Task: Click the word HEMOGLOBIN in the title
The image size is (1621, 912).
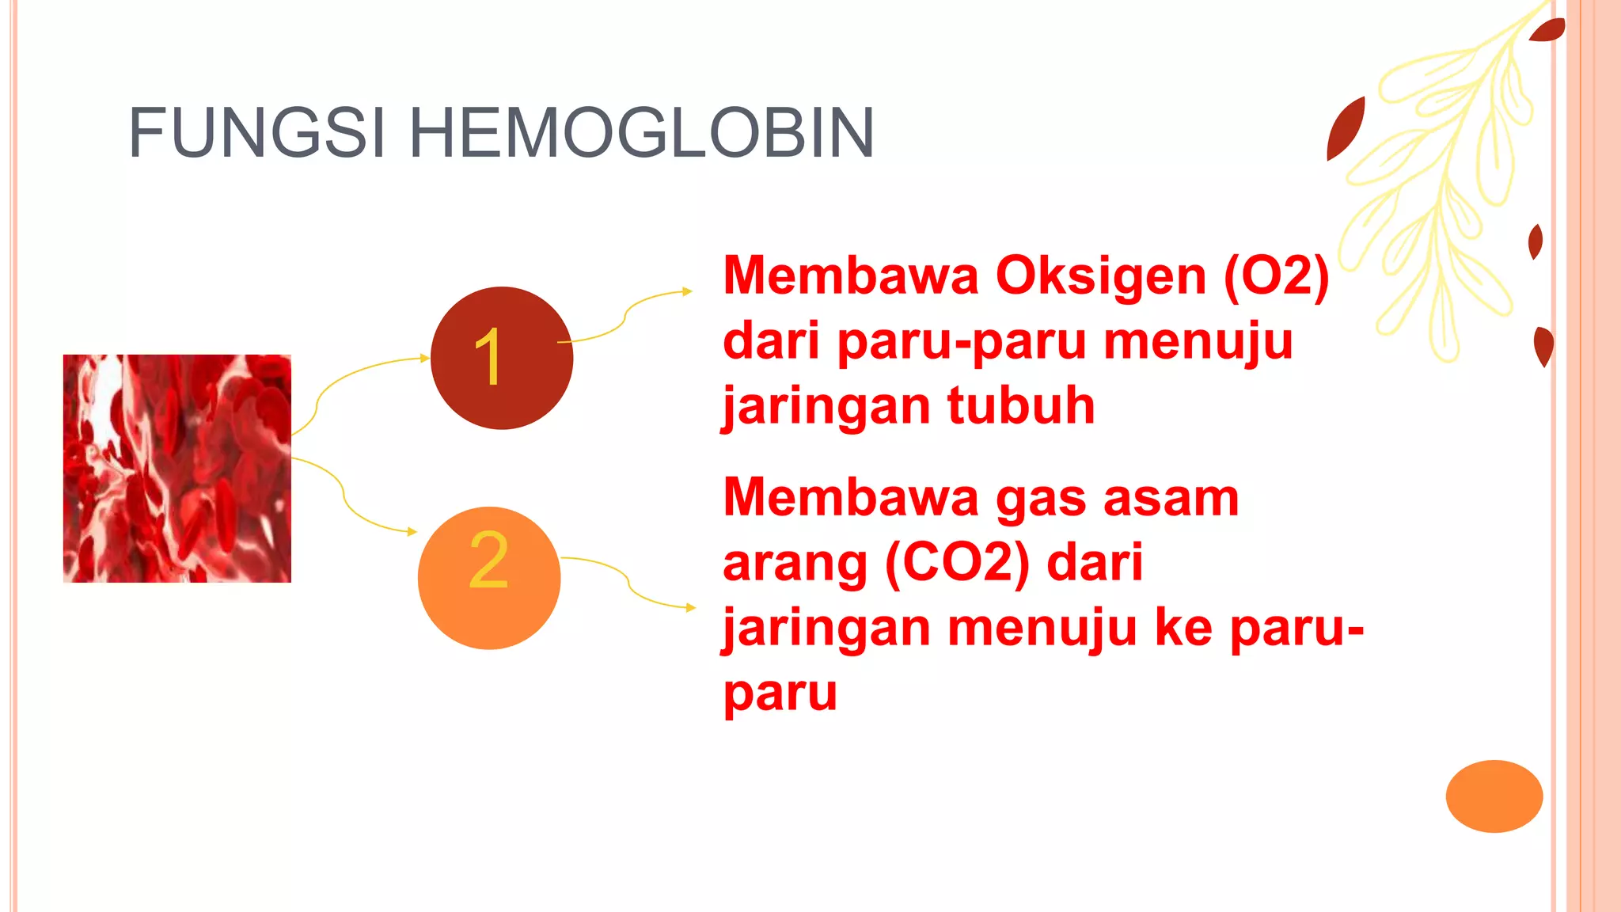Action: point(641,133)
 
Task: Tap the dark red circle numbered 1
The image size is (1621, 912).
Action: point(501,358)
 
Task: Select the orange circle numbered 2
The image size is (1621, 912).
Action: point(489,578)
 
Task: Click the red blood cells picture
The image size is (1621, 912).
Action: point(177,469)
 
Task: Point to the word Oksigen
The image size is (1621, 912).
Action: point(1101,276)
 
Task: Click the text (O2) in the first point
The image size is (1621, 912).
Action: point(1276,276)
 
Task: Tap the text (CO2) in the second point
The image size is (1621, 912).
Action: point(957,563)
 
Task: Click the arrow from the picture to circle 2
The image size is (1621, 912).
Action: point(348,507)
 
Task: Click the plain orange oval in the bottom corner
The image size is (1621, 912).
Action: point(1494,796)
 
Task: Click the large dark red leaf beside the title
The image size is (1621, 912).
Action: point(1346,128)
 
